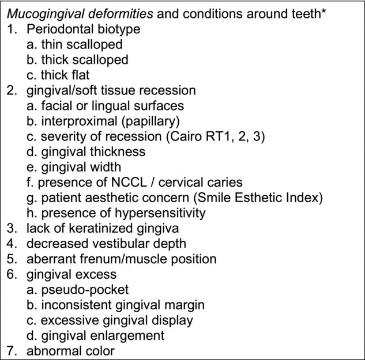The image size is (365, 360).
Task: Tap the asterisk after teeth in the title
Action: pos(323,11)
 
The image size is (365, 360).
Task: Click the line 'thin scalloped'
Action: pos(74,44)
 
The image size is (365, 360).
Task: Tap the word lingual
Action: pos(111,106)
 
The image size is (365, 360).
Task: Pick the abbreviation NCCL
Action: pos(129,183)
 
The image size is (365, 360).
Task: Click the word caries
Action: pos(225,183)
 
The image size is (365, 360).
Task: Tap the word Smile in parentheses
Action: pos(214,198)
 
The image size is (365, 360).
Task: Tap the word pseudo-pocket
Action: pos(85,290)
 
